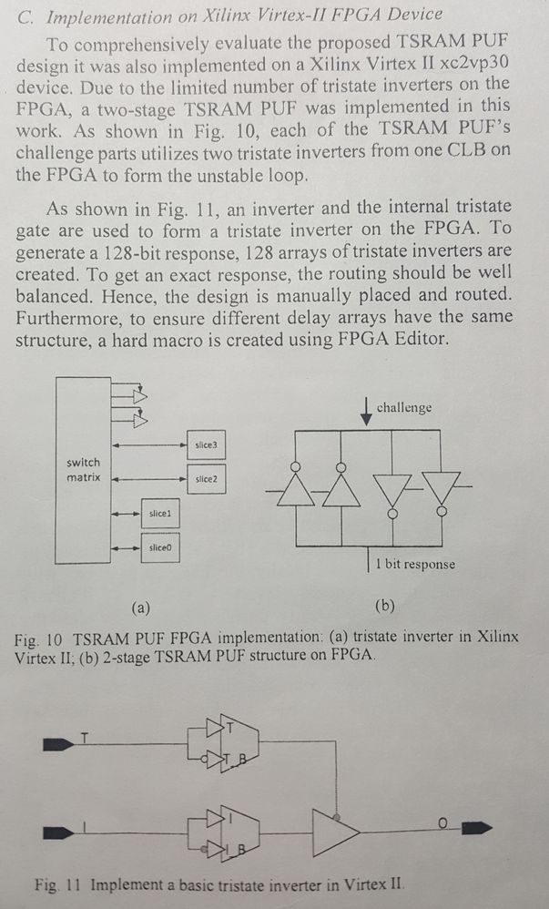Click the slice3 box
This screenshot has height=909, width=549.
[x=205, y=444]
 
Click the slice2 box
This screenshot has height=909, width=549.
[x=205, y=477]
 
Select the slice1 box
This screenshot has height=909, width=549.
[x=159, y=515]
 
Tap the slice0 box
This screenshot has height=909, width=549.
[x=159, y=547]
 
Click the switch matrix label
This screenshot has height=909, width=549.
[x=84, y=470]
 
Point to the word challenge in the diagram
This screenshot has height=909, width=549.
[x=404, y=407]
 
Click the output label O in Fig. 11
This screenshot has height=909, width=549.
[x=442, y=822]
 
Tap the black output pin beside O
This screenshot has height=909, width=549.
[x=476, y=828]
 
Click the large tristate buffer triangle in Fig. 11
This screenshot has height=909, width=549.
[x=334, y=829]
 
